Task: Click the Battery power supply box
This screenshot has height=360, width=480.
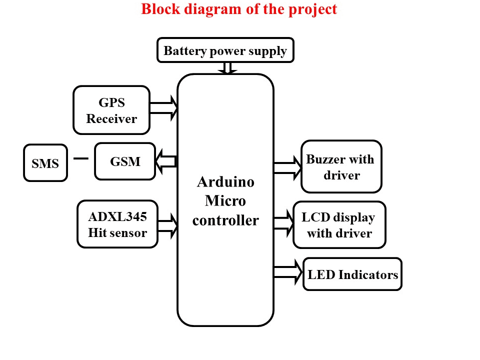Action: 225,50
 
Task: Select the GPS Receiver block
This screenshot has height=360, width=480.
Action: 111,110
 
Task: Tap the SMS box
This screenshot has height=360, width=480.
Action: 45,163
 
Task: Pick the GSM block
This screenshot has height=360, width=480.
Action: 125,161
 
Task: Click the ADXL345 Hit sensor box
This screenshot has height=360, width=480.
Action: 117,224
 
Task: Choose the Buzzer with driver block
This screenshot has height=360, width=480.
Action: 341,167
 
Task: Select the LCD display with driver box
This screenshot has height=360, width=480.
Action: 339,225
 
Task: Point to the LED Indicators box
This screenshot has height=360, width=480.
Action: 352,274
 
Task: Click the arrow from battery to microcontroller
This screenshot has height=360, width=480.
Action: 227,68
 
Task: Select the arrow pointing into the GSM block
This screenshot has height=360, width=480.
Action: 166,161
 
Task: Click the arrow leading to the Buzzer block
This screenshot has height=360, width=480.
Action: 287,167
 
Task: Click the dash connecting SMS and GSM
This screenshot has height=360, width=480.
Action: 80,158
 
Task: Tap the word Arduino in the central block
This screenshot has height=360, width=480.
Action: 225,181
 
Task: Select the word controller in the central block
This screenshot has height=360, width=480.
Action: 225,220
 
